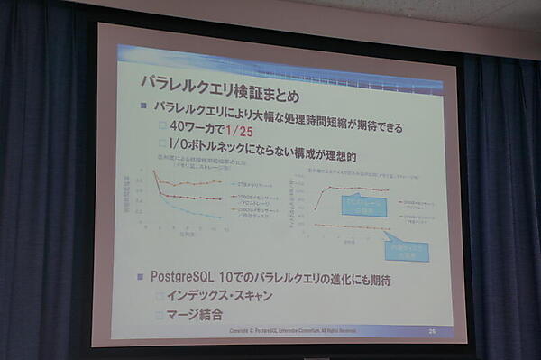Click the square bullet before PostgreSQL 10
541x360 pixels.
(x=142, y=273)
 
